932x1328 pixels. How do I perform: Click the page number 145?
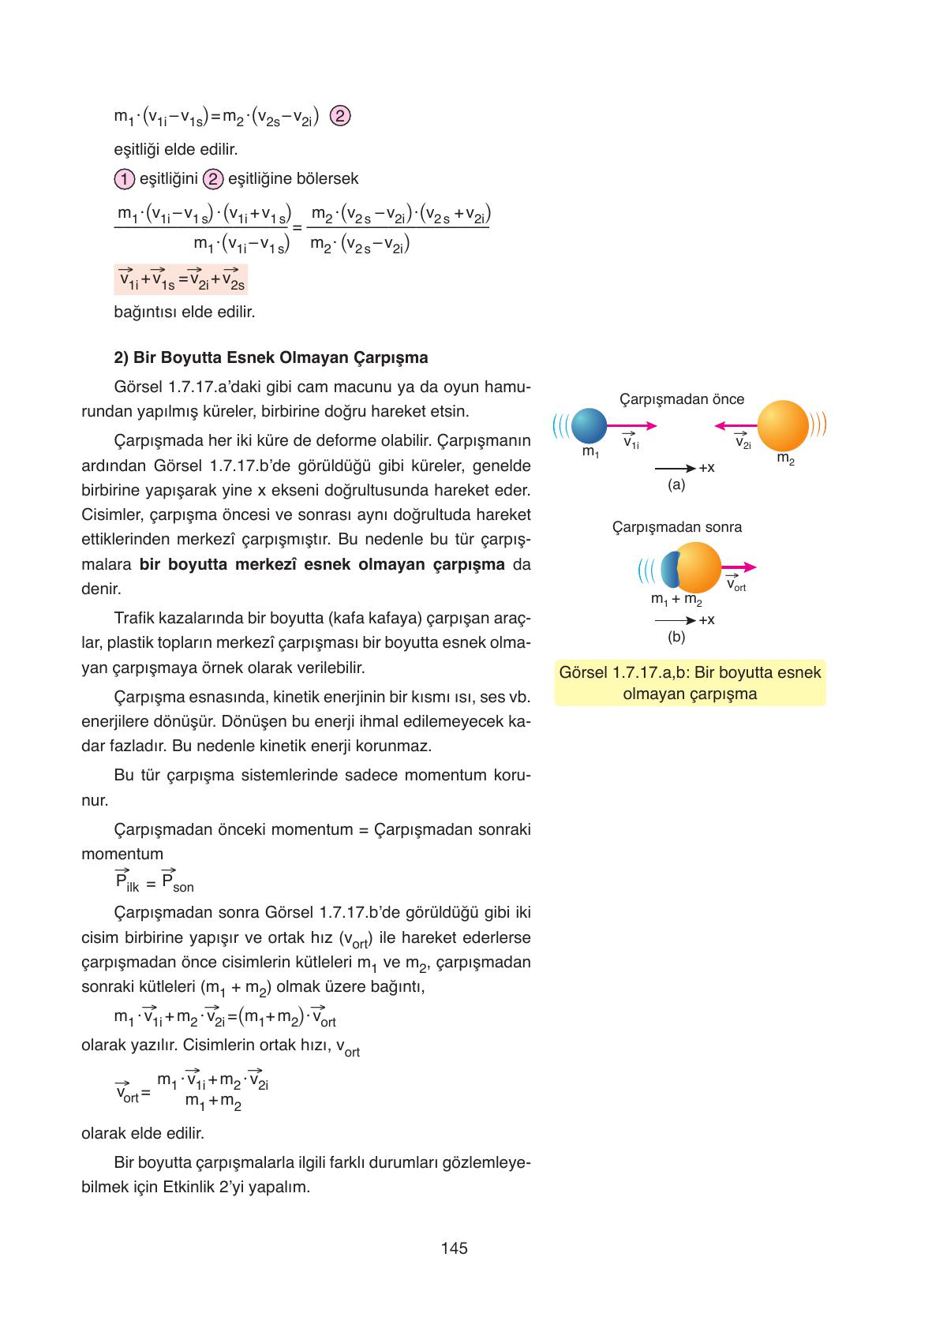click(x=455, y=1248)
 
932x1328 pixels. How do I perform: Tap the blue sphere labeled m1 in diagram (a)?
click(x=588, y=426)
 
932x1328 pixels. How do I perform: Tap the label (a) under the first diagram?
click(x=676, y=484)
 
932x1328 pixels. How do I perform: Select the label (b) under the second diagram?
click(x=676, y=636)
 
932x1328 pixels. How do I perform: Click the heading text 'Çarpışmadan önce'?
click(x=682, y=399)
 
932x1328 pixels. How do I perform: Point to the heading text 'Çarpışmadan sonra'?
click(x=677, y=526)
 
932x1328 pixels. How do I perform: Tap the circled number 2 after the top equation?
click(x=339, y=116)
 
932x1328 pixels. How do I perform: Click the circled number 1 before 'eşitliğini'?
click(x=124, y=179)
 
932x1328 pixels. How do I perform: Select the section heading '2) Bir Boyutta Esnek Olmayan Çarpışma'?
click(x=271, y=357)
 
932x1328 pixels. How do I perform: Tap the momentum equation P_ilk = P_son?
click(x=154, y=881)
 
